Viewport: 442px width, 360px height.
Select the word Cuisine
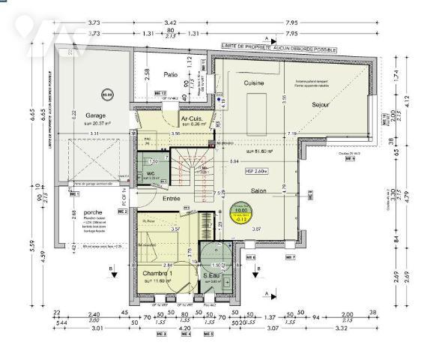[x=253, y=82]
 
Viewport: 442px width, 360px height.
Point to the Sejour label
[x=323, y=105]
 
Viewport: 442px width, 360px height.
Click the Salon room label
[x=259, y=191]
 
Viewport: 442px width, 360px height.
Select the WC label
[x=150, y=173]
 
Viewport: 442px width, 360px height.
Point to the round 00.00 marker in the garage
[x=87, y=95]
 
